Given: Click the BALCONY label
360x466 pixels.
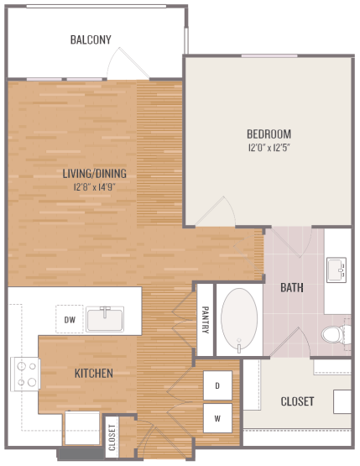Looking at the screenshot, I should pos(91,39).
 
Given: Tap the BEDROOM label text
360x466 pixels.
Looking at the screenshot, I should pos(269,134).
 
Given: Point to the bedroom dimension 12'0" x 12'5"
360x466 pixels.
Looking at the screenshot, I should pos(269,148).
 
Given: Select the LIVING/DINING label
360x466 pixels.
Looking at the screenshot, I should pos(95,174).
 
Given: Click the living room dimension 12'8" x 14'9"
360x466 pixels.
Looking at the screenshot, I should pos(94,186).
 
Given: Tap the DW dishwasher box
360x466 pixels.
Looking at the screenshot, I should pos(70,319).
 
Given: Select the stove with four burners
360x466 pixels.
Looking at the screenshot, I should pos(25,374).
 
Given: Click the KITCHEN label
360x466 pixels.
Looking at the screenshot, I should pos(94,373).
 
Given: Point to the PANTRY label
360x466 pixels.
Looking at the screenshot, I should pos(205,320).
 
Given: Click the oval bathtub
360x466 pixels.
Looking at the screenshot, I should pos(240,322).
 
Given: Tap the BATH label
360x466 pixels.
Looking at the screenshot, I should pos(291,287).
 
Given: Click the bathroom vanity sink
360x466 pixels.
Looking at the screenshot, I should pos(338,270).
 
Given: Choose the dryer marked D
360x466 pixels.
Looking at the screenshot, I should pos(217,385).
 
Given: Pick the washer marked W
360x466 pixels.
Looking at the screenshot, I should pos(217,416).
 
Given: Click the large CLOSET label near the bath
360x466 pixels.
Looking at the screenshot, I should pos(297,401).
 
